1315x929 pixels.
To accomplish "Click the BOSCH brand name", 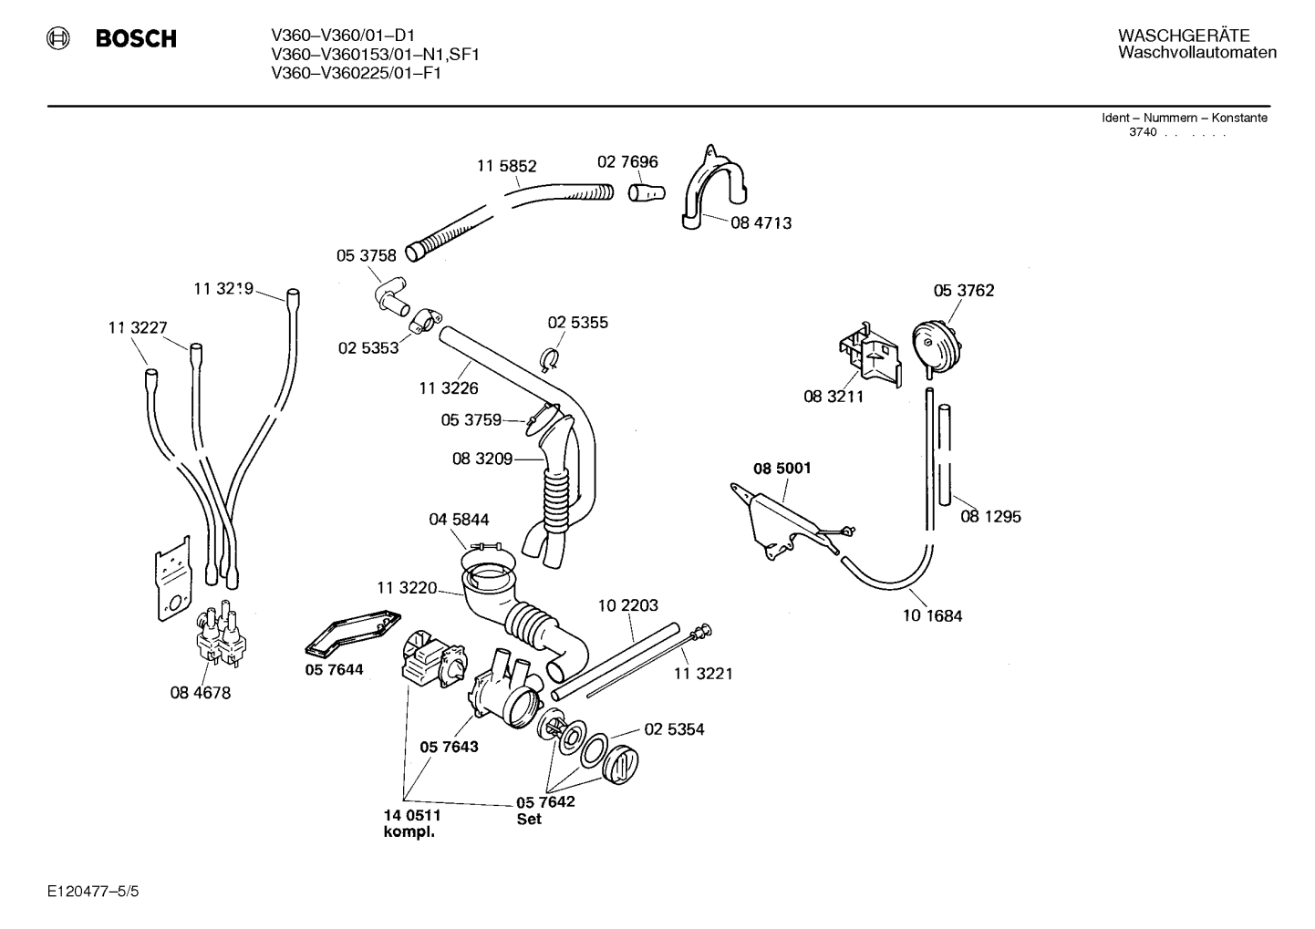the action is click(x=136, y=38).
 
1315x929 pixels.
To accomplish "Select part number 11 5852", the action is click(x=507, y=166).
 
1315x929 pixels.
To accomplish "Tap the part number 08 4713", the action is click(x=761, y=223).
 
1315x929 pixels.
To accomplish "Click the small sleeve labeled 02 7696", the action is click(x=647, y=191).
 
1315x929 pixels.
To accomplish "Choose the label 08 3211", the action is click(x=834, y=397).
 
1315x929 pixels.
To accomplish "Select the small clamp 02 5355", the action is click(x=549, y=359).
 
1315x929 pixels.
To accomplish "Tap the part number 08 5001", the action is click(x=782, y=469).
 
